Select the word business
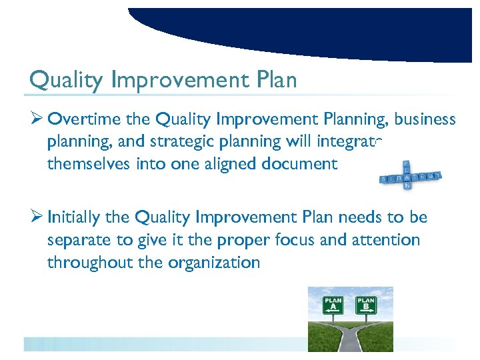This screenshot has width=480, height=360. [425, 120]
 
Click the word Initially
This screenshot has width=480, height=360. [74, 218]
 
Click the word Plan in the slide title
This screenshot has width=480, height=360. [275, 81]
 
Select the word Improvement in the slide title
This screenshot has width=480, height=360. [180, 81]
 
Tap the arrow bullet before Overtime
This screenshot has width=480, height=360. [37, 120]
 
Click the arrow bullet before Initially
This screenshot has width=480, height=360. [37, 218]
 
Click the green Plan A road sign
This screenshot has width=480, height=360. [333, 305]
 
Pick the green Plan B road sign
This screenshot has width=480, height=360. [366, 305]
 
